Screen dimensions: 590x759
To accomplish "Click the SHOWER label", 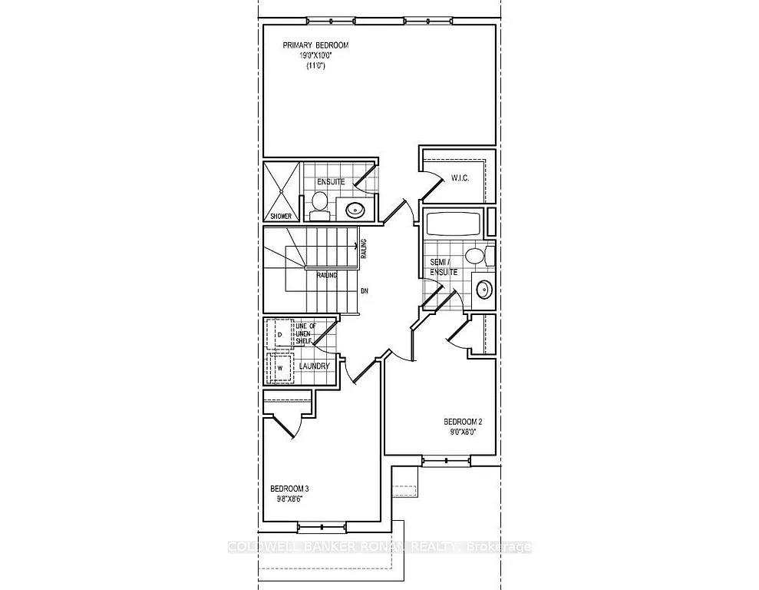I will click(280, 216).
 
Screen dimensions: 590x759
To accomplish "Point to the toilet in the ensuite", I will click(319, 205).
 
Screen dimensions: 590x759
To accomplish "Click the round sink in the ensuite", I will click(355, 208).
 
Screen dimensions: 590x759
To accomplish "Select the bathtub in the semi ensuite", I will click(454, 224).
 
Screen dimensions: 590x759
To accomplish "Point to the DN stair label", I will click(365, 292).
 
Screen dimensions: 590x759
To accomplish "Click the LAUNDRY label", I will click(315, 366).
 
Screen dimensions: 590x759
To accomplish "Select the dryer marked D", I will click(280, 334).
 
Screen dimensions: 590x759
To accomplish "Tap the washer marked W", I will click(280, 366).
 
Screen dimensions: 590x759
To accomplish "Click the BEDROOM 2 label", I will click(463, 421).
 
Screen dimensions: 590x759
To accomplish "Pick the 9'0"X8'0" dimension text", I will click(463, 432).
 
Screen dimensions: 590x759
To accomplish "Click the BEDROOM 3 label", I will click(289, 488).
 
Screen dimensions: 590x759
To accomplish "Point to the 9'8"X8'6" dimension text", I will click(289, 499).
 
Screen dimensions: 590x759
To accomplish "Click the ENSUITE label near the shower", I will click(331, 182).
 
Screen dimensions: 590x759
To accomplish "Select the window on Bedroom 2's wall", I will click(441, 461).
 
